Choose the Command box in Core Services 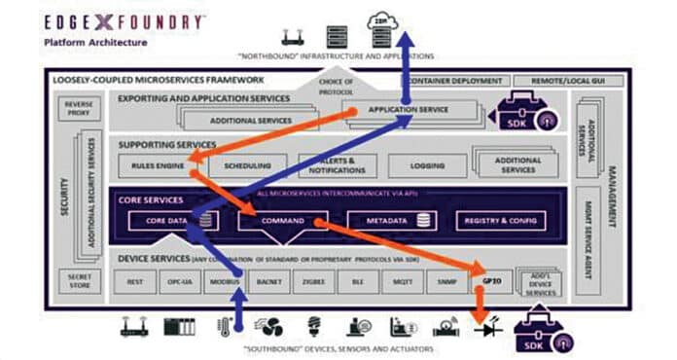coord(283,222)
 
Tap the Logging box coord(424,166)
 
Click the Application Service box coord(409,110)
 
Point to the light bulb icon coord(314,326)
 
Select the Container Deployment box coord(452,81)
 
